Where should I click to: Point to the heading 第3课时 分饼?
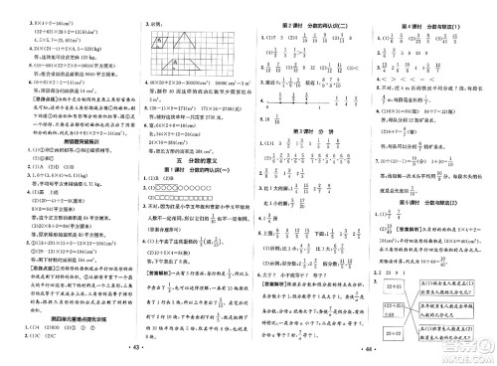310,130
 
